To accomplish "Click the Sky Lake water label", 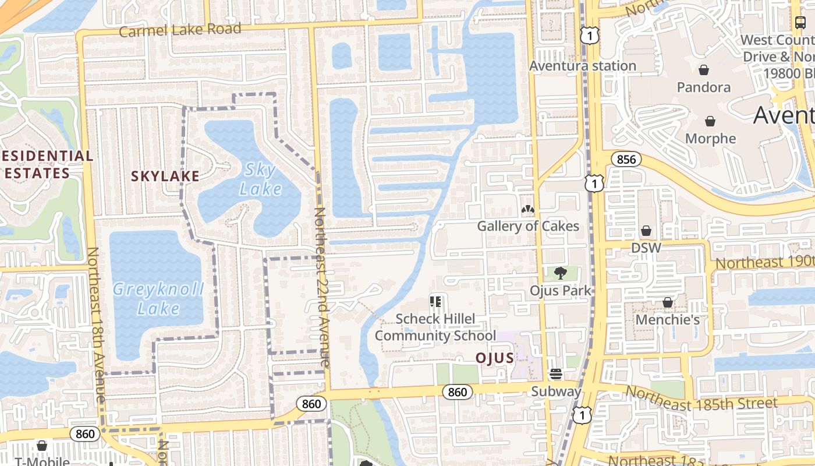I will point(260,179).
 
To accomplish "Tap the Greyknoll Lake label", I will point(158,298).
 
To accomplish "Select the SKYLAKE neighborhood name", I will point(165,176).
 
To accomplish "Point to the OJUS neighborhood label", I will point(495,358).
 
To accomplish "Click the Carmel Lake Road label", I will point(180,29).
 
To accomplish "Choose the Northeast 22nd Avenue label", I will point(322,287).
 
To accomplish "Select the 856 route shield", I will point(626,159).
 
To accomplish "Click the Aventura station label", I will point(582,66).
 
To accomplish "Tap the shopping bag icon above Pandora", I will point(704,70).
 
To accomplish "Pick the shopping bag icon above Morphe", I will point(710,121).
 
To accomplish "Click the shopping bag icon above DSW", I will point(646,231).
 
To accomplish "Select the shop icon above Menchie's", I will point(667,303).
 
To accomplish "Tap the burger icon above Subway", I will point(556,374).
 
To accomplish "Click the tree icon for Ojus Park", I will point(560,273).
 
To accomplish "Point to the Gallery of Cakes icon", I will point(528,209).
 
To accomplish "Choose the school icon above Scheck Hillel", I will point(435,301).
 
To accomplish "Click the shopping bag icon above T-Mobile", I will point(41,446).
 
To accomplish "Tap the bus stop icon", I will point(800,23).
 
